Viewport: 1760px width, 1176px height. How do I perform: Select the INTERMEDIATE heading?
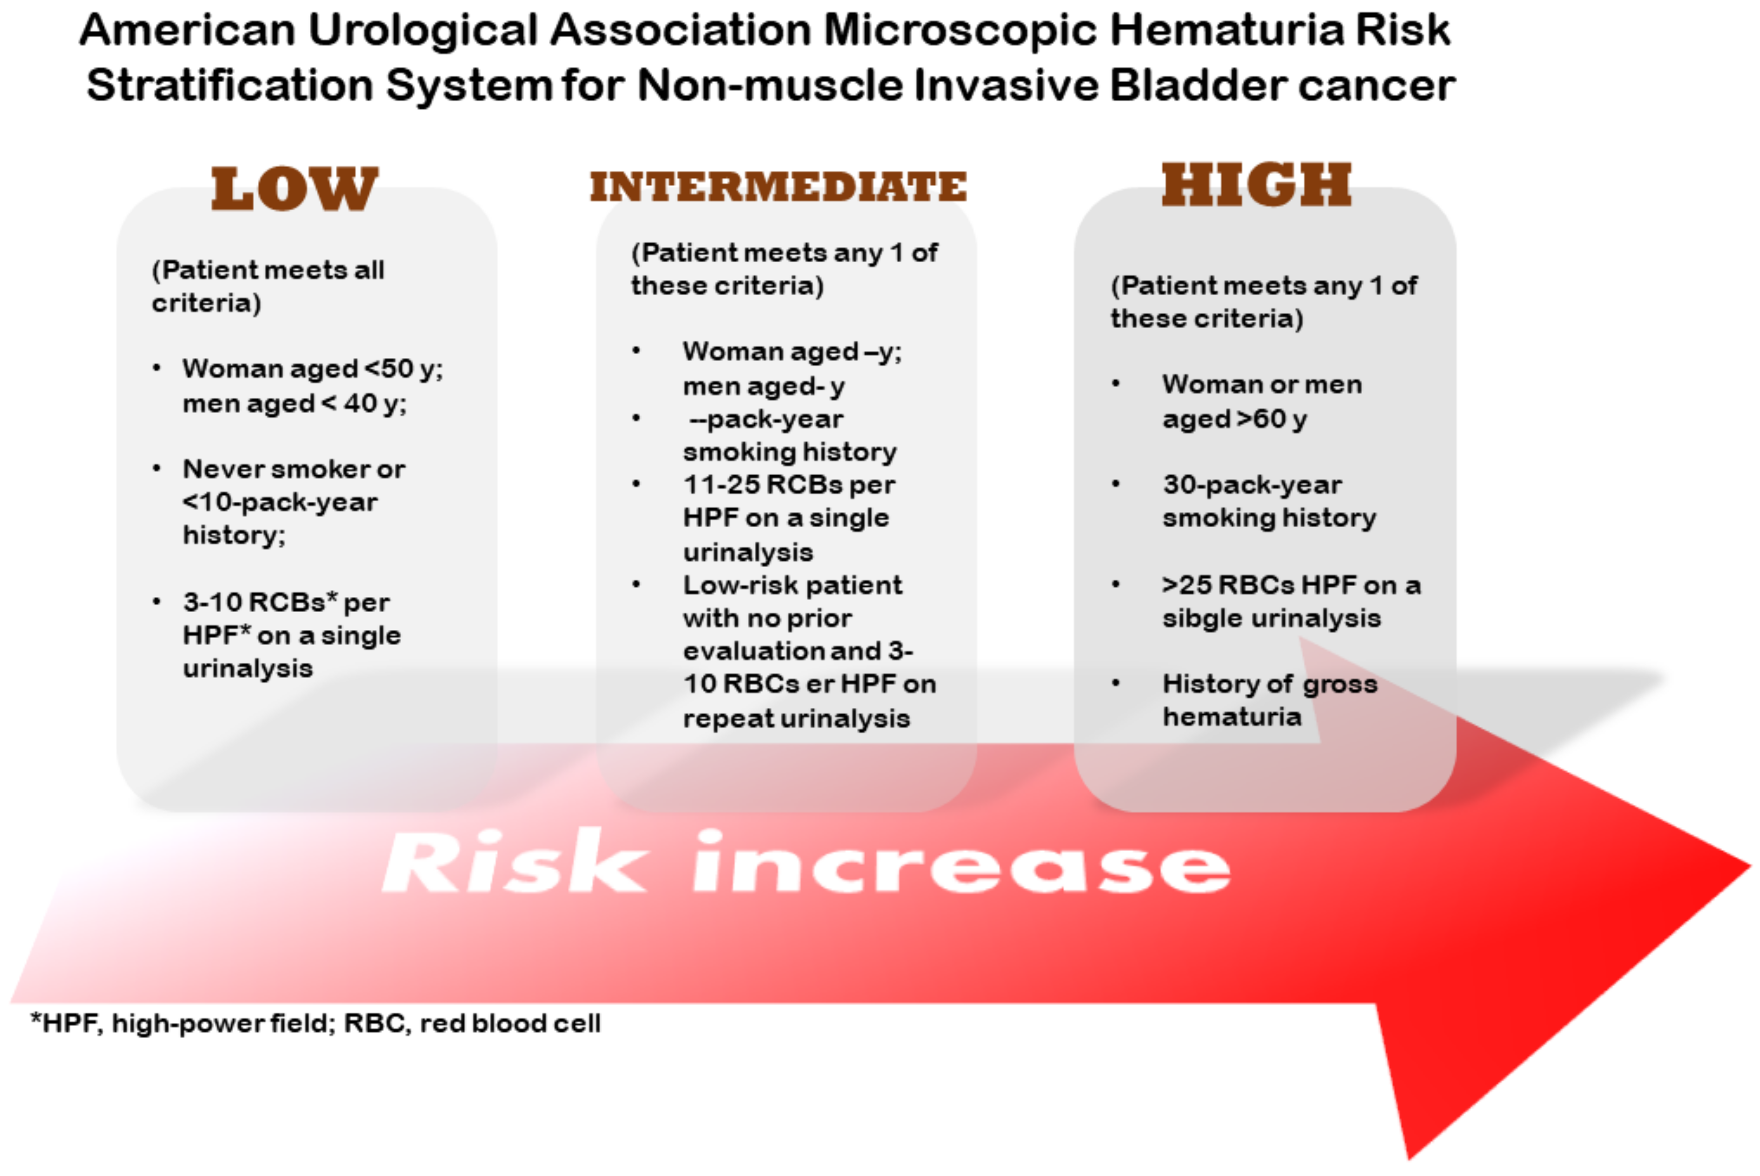(x=779, y=187)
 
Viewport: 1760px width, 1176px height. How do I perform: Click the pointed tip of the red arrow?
(x=1750, y=866)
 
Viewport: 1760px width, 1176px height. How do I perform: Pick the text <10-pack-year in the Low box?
(x=280, y=502)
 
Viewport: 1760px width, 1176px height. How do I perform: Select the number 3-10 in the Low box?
(x=213, y=601)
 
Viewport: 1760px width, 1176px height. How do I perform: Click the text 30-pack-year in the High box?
(x=1252, y=485)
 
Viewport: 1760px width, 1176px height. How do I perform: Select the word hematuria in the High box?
(x=1232, y=717)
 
